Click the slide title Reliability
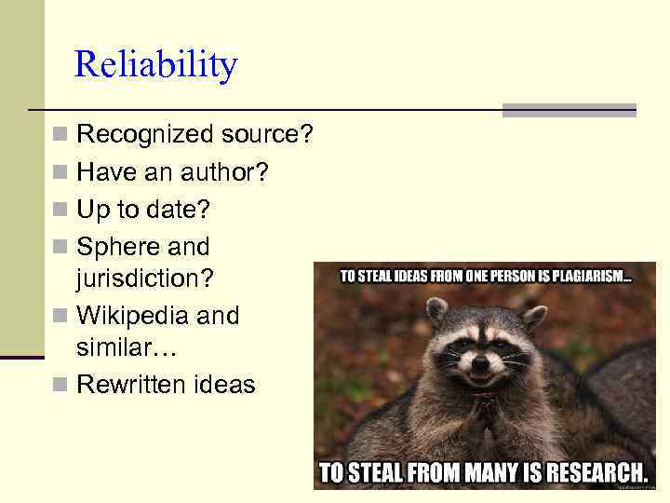point(155,65)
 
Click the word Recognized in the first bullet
point(145,135)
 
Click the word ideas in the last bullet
point(223,385)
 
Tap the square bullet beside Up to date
point(60,211)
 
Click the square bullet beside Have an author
point(60,173)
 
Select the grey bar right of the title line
point(569,110)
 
